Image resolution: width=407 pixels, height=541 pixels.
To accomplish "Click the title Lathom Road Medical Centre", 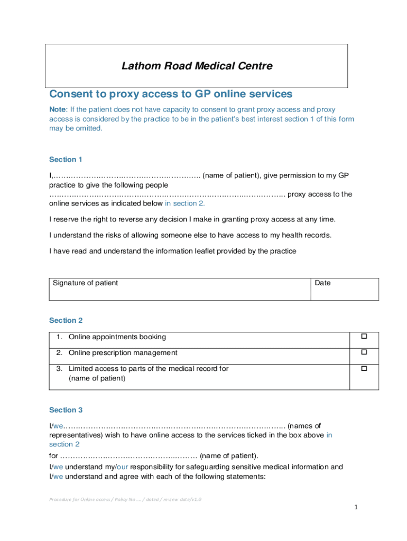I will tap(197, 66).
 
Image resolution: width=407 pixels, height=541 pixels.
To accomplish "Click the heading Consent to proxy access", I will tap(170, 94).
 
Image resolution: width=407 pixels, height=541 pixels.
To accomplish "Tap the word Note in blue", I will tap(58, 109).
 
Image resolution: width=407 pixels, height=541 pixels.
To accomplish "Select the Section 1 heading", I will tap(66, 160).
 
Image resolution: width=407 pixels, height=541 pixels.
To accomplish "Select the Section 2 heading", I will tap(66, 320).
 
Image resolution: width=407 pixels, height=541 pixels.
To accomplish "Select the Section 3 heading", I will tap(66, 410).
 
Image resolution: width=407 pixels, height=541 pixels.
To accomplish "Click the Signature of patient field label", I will tap(85, 283).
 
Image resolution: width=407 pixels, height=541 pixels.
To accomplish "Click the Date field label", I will tap(322, 283).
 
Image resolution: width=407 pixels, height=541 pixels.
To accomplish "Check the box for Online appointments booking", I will tap(364, 337).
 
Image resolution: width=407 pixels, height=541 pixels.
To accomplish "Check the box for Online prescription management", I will tap(364, 352).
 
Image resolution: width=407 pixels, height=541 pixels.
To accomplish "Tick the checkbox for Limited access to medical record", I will tap(364, 369).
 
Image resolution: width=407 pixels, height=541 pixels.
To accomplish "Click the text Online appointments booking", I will tap(117, 337).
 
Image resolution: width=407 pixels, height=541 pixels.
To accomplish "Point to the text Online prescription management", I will tap(123, 353).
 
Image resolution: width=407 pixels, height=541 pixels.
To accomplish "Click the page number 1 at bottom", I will tap(356, 507).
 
